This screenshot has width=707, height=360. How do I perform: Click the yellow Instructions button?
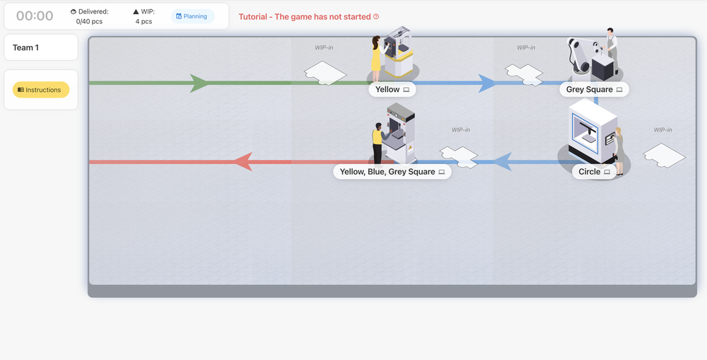coord(41,90)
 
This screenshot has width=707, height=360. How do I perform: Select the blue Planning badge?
coord(192,16)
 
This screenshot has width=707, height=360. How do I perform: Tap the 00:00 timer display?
coord(35,16)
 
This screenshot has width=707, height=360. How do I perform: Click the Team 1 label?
coord(25,47)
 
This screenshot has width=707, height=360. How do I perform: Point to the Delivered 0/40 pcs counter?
coord(89,16)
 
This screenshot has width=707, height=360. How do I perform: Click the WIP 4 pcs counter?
coord(144,16)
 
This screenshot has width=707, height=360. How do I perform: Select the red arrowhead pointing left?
coord(243,162)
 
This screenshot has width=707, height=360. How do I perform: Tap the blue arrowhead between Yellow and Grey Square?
coord(486,83)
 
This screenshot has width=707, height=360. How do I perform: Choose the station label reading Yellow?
coord(392,90)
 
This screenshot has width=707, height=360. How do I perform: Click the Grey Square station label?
coord(594,90)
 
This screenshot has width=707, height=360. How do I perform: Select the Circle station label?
coord(594,172)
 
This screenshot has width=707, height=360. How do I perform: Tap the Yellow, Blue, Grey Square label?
coord(392,172)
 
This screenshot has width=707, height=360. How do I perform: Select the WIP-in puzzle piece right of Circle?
coord(664,155)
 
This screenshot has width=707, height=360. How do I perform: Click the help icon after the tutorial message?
coord(376,16)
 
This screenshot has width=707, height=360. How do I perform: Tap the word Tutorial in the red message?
coord(253,16)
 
